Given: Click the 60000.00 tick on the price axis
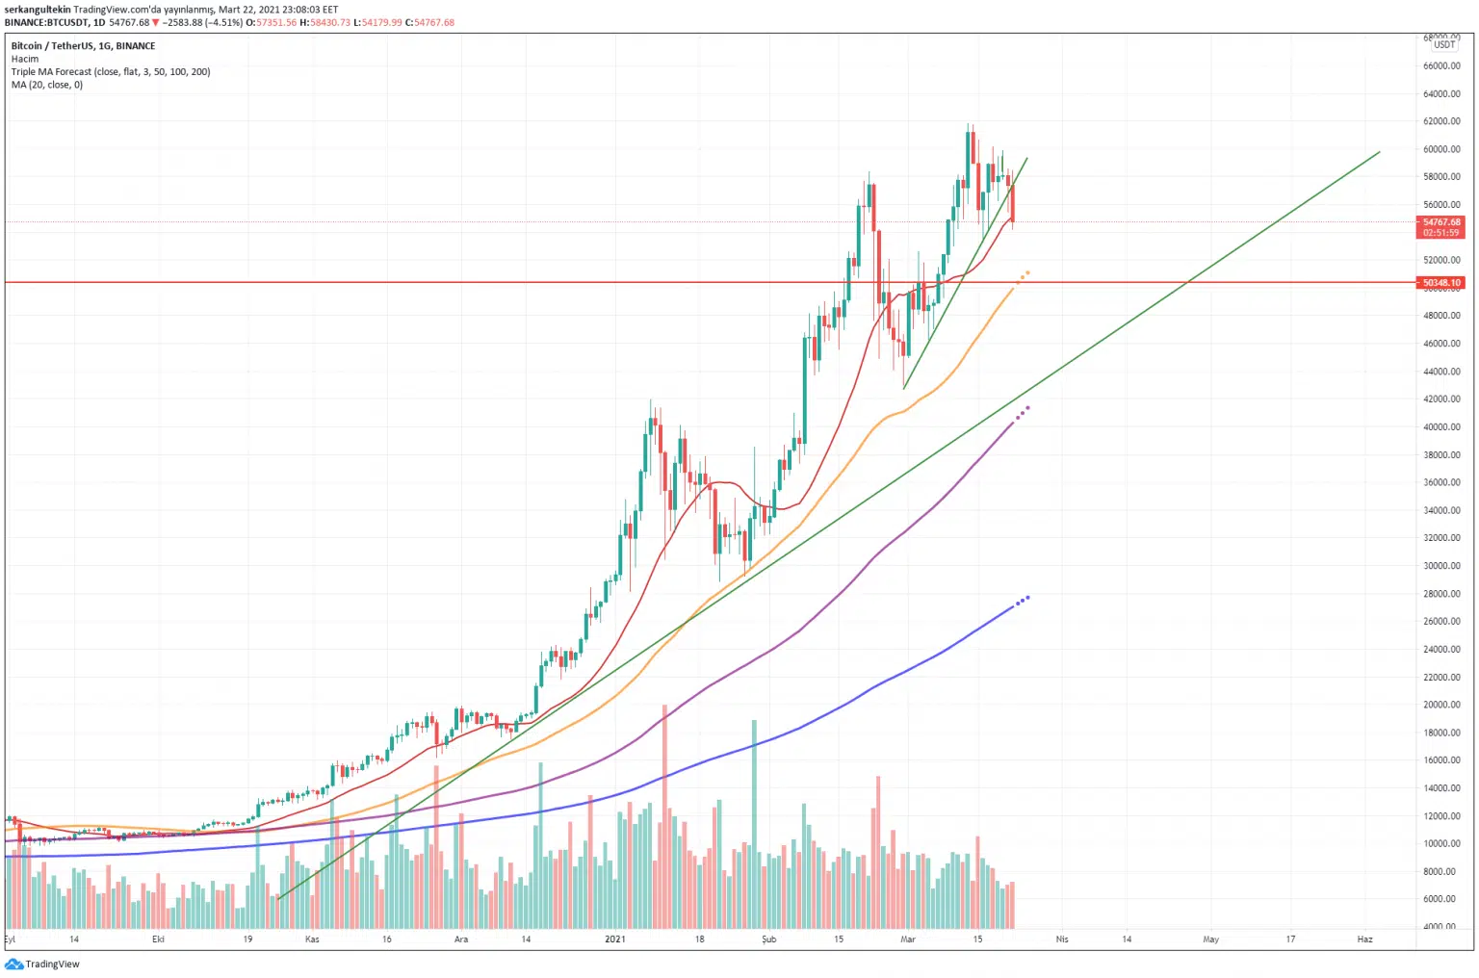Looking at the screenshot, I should pos(1441,149).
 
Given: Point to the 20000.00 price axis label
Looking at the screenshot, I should pos(1441,705).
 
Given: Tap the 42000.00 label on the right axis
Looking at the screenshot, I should pos(1441,399).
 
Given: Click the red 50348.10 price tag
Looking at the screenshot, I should pos(1441,283).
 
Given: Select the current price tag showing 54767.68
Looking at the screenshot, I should pos(1441,222).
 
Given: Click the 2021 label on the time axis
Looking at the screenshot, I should pos(615,939).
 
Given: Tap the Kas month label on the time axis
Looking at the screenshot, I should pos(312,939).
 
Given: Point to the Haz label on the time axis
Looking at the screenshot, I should pos(1364,939).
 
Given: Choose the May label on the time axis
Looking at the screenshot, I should pos(1210,939).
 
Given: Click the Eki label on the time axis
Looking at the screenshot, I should pos(159,939).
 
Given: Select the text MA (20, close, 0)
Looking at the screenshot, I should pos(47,85).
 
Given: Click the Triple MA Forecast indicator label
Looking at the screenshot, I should pos(110,72).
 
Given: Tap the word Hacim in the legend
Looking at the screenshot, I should pos(25,59).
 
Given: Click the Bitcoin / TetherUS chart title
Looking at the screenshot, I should pos(83,46).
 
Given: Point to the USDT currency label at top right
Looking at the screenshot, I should pos(1444,44).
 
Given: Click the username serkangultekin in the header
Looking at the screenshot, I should pos(37,10).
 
